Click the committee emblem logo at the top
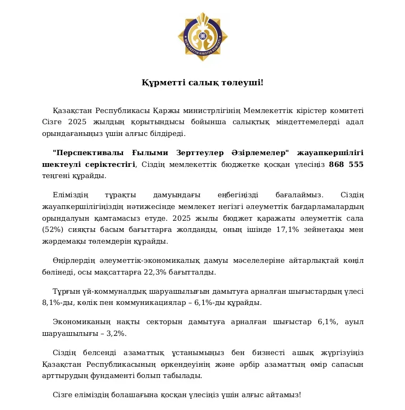coord(202,36)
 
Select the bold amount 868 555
coord(346,165)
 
